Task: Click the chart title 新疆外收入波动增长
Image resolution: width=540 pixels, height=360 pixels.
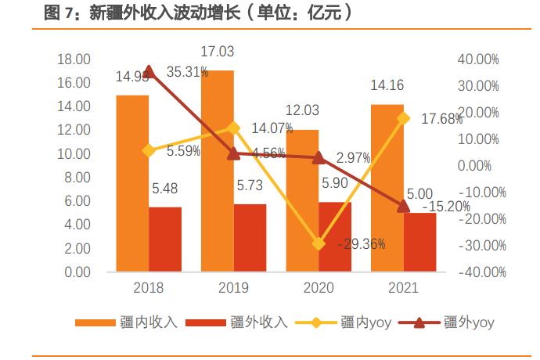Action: (196, 13)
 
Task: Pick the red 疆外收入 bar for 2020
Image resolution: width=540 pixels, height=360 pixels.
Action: (335, 237)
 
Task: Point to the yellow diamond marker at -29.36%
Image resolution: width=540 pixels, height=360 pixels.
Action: (318, 244)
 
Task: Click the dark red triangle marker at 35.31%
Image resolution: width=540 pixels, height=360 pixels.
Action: (149, 71)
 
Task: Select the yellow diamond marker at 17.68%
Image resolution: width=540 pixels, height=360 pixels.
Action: (403, 118)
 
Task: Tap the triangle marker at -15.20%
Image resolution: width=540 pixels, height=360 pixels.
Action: (403, 206)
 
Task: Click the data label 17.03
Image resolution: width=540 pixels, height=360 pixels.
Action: (217, 52)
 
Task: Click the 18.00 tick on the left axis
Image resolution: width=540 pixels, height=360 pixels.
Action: (74, 59)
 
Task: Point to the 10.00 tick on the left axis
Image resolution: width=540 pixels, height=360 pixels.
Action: (74, 154)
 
